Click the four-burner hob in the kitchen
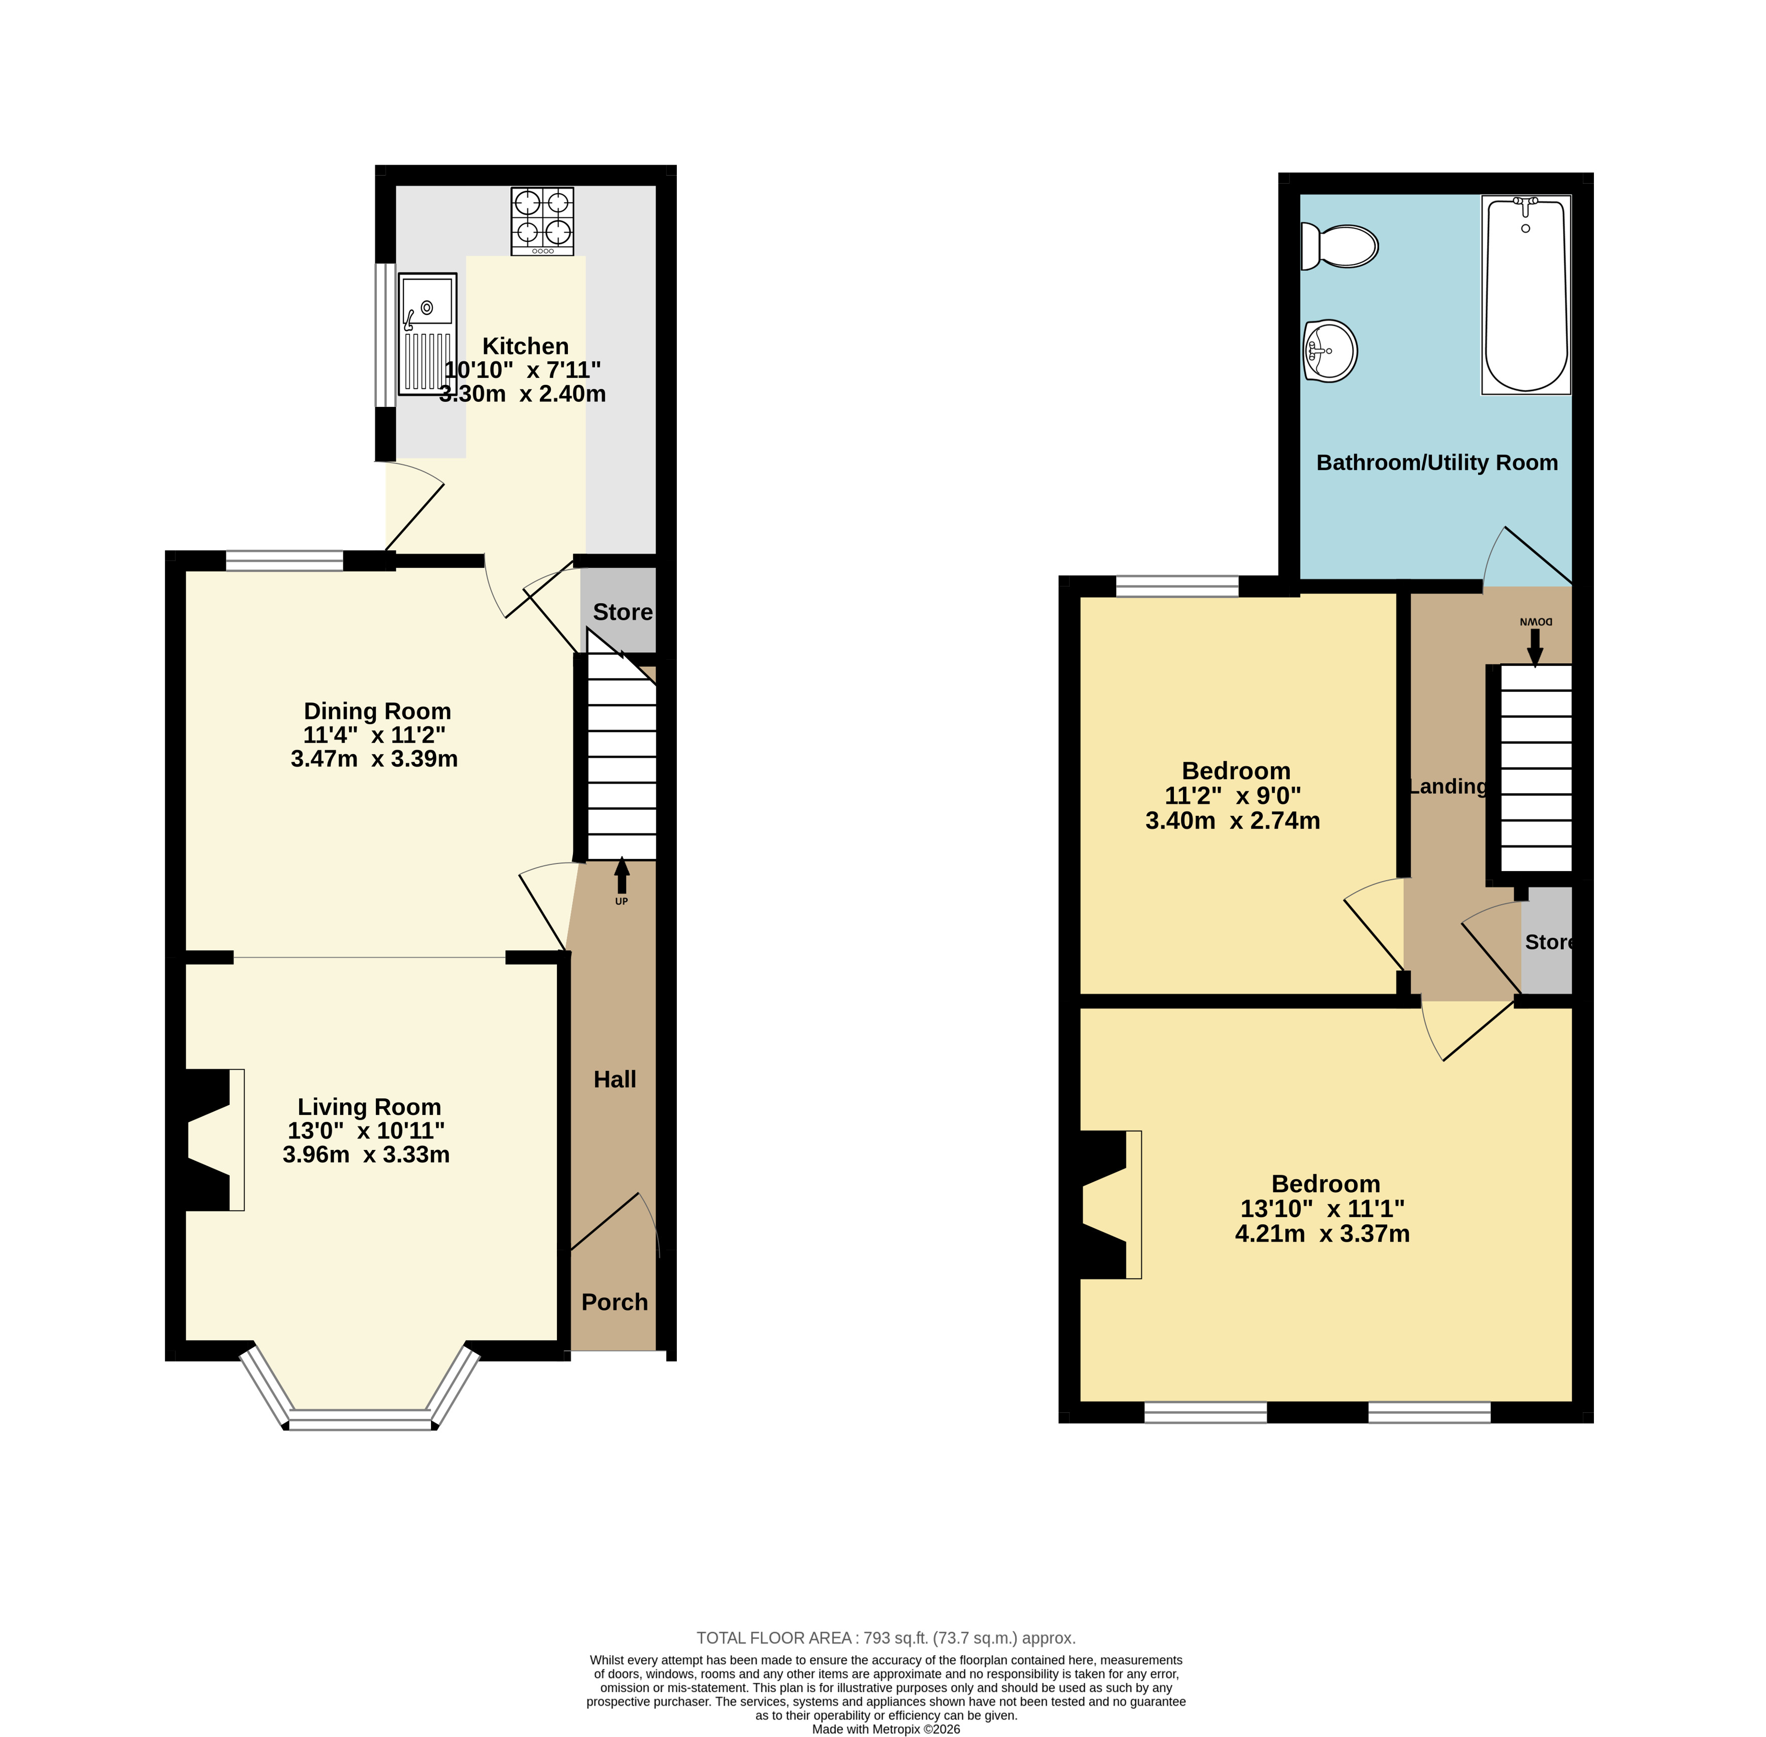(542, 221)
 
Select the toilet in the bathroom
(1338, 246)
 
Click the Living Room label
(369, 1107)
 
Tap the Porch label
(614, 1302)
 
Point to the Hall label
(614, 1079)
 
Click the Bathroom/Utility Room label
(1437, 463)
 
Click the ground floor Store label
(622, 612)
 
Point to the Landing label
(1447, 786)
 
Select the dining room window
(284, 560)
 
